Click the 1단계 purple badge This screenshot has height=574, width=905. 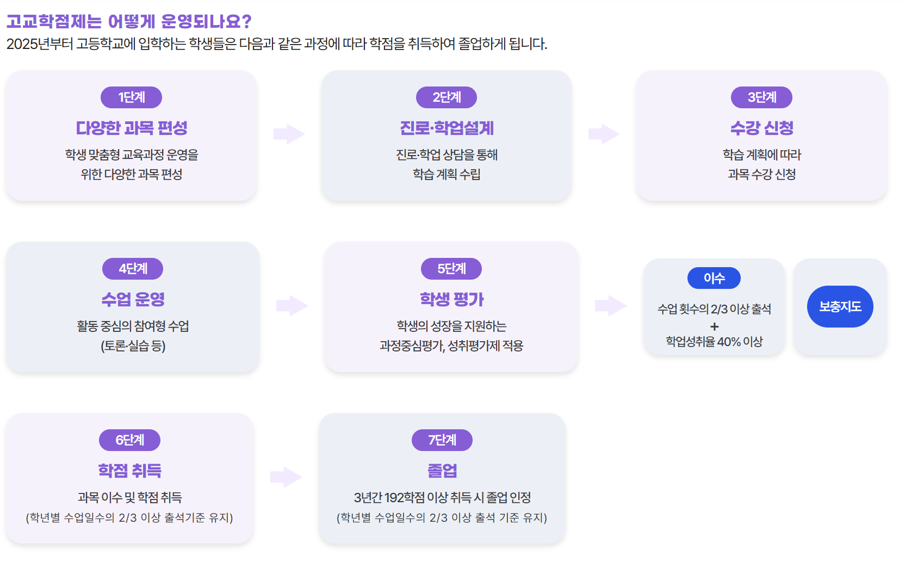click(x=131, y=97)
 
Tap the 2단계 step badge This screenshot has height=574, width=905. click(x=447, y=97)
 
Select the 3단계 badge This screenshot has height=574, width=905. click(x=761, y=97)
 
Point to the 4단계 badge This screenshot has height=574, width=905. click(x=133, y=269)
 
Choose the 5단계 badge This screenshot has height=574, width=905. click(x=451, y=269)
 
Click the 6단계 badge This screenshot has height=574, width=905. click(x=129, y=440)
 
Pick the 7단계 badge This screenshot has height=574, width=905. click(x=442, y=440)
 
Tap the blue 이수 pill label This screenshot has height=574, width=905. click(x=714, y=278)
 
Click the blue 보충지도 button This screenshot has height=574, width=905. click(x=840, y=307)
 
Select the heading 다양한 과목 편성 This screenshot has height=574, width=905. click(x=132, y=128)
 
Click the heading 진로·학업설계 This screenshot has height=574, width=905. click(x=447, y=128)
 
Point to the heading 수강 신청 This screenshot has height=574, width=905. click(x=761, y=128)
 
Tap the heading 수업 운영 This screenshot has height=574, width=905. click(x=133, y=300)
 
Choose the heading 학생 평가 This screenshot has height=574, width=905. click(x=451, y=300)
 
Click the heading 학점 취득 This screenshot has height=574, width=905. click(x=129, y=471)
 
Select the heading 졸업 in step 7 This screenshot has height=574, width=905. click(x=442, y=471)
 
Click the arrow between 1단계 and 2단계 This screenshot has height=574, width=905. click(x=289, y=134)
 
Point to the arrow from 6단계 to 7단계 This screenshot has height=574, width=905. click(x=286, y=477)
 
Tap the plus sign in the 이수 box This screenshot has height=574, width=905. click(x=714, y=326)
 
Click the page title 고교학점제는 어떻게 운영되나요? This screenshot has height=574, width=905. click(x=129, y=22)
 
